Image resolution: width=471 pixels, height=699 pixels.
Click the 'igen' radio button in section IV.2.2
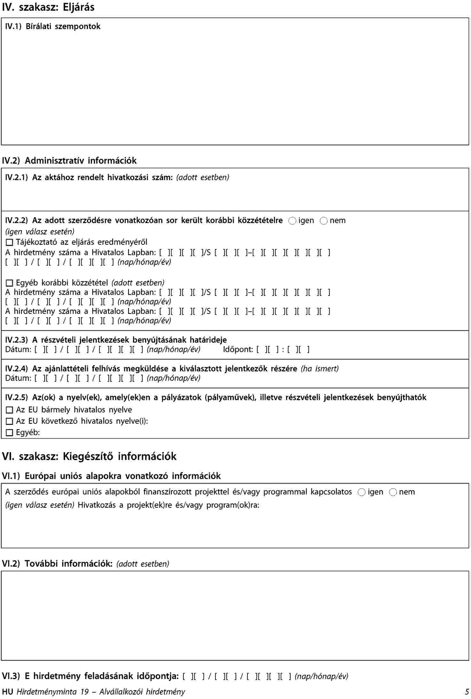point(292,221)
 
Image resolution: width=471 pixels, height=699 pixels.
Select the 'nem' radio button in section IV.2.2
point(324,221)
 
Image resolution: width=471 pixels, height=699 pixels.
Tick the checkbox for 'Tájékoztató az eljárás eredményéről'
point(10,243)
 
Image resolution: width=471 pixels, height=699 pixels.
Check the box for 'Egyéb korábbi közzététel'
point(10,283)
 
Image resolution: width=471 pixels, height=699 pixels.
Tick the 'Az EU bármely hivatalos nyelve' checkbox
point(10,410)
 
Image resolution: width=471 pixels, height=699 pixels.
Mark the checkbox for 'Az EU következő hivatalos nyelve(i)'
point(10,422)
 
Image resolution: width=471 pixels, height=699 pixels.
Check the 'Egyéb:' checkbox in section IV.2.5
point(10,433)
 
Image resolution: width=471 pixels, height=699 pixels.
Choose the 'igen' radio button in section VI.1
point(362,492)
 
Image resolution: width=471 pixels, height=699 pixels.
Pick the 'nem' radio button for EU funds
point(393,492)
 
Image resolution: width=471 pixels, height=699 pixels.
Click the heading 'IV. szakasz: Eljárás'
point(48,7)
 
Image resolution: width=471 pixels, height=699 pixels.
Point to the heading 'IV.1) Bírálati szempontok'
point(53,27)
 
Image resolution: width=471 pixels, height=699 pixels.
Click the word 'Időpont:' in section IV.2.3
point(238,349)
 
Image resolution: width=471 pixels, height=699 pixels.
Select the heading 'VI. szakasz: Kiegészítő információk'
point(89,456)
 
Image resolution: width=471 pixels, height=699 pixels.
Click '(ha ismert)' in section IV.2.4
point(319,369)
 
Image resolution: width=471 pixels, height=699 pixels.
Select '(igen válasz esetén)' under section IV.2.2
point(40,232)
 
